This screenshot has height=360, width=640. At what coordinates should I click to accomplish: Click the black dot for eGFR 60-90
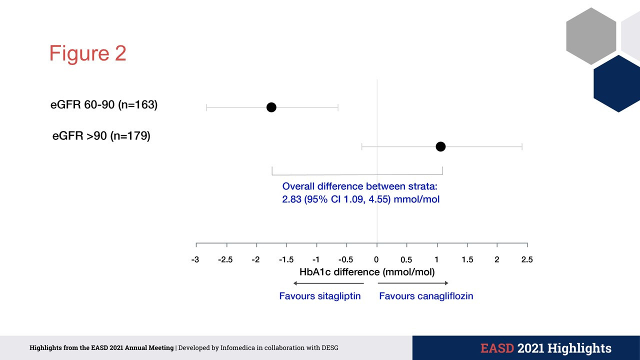click(271, 107)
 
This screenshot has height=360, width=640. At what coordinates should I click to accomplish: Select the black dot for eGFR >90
click(440, 146)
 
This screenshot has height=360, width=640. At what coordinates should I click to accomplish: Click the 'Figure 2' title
click(87, 53)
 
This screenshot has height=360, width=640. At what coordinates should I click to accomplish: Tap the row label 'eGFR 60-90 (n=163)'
click(104, 105)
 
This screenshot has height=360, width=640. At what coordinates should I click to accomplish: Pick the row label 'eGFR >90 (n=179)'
click(101, 135)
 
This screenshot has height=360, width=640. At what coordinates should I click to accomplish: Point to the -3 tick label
click(195, 259)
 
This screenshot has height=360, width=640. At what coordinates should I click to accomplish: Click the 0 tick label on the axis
click(376, 259)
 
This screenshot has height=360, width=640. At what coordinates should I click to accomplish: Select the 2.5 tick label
click(527, 259)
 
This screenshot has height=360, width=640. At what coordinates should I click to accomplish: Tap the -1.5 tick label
click(286, 259)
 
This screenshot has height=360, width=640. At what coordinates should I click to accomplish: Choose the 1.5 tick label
click(467, 259)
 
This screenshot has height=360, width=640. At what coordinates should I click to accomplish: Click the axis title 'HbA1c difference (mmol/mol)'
click(367, 272)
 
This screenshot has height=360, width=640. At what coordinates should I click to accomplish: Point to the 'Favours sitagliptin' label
click(320, 296)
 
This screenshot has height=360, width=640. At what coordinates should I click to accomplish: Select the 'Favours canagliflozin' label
click(426, 296)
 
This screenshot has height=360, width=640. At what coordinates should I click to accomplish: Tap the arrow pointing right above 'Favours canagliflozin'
click(413, 283)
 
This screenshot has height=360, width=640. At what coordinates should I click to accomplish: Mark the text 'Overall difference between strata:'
click(360, 186)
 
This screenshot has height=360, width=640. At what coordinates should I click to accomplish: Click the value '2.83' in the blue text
click(291, 199)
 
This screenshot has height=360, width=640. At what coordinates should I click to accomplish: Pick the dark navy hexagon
click(618, 83)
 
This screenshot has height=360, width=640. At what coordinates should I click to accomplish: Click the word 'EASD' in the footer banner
click(497, 348)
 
